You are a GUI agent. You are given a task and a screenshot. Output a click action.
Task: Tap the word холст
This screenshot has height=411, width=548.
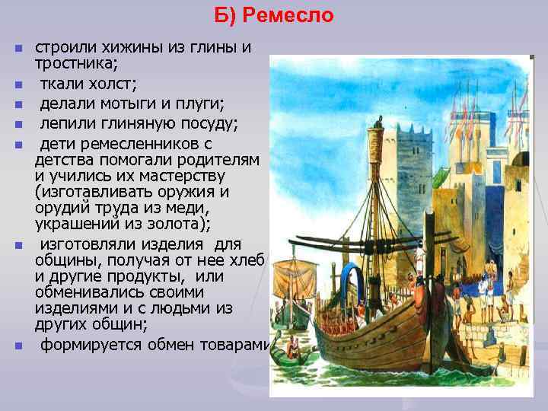coord(113,81)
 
